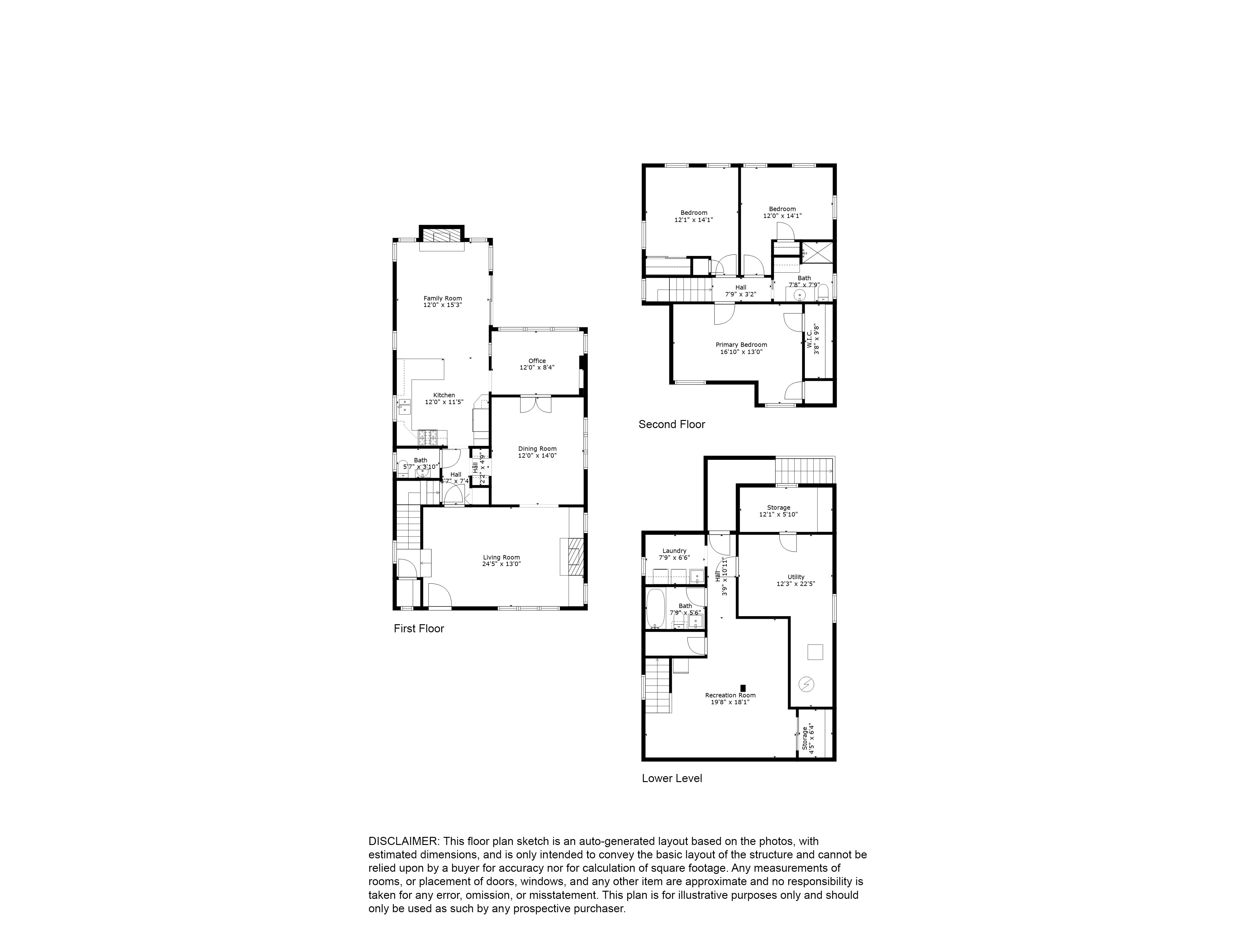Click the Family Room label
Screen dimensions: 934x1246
443,298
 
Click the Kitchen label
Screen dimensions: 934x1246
444,395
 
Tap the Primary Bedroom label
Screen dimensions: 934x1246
741,345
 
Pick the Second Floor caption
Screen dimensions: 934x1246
672,424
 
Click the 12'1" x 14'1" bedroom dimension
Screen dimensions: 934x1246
693,220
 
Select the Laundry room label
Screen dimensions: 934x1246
674,551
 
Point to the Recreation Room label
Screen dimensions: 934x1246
730,695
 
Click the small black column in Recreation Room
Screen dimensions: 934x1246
743,688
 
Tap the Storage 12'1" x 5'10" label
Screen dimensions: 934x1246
778,508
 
